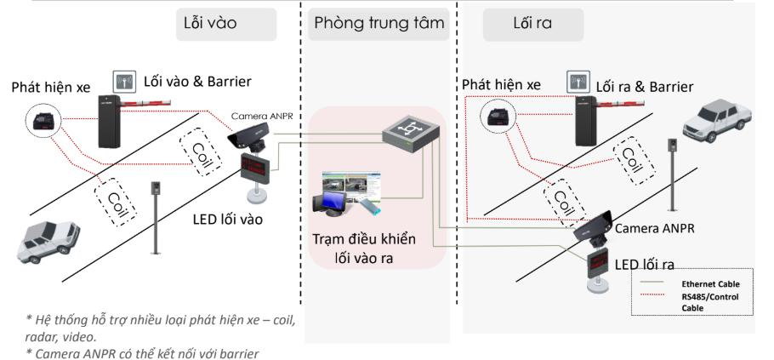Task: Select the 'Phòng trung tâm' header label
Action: [378, 24]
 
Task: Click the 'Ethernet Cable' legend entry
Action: [712, 283]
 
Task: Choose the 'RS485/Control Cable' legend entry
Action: [712, 301]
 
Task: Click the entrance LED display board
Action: [256, 165]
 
